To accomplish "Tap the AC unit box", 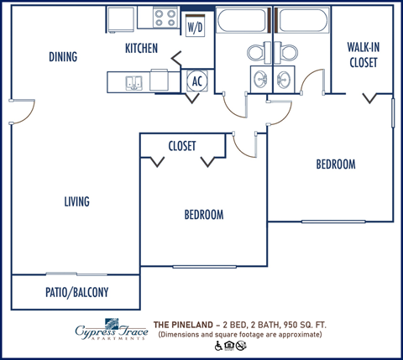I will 196,81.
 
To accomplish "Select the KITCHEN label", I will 141,49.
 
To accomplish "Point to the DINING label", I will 63,57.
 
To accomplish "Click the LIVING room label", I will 76,201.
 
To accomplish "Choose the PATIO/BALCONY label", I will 76,293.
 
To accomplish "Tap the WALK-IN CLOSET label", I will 363,55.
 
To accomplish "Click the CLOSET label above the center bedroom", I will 182,146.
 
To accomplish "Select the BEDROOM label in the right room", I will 335,164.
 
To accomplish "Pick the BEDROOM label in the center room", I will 203,215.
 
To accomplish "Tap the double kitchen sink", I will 134,81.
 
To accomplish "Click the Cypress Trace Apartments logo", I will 107,329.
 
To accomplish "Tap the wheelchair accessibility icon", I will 220,345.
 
